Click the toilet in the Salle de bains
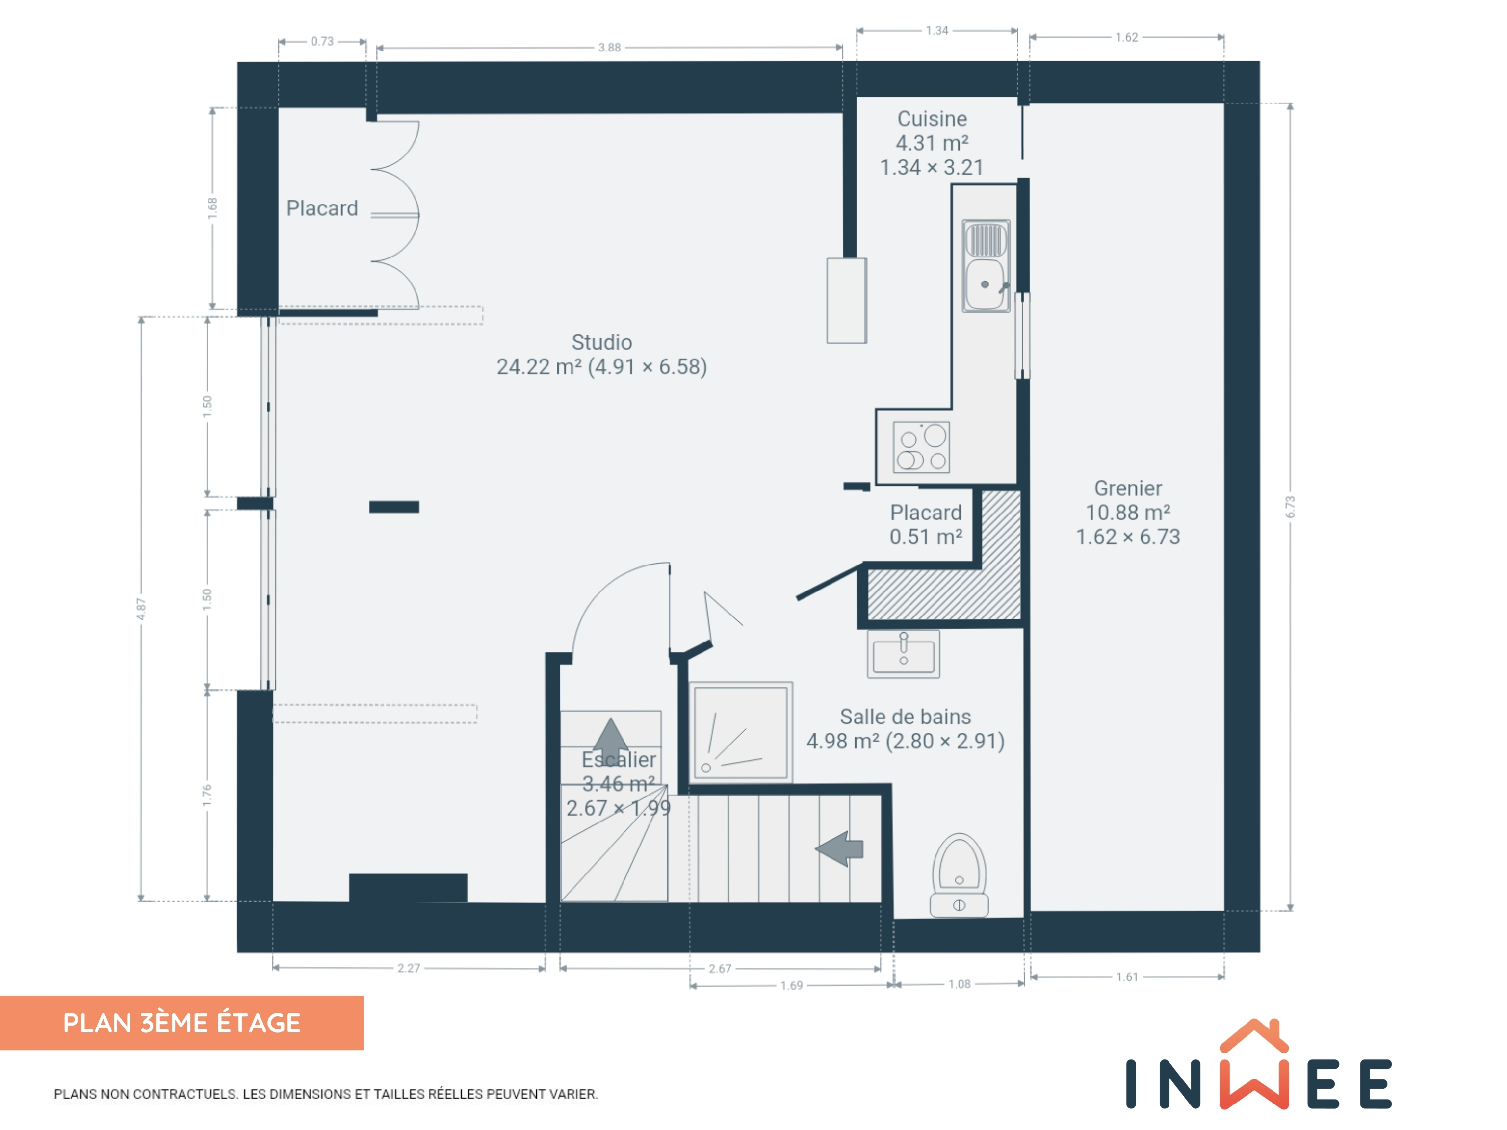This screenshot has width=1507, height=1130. [959, 875]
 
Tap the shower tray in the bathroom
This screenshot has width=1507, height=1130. [741, 732]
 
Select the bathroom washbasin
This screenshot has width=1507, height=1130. [904, 653]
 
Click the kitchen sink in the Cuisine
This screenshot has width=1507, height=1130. [986, 266]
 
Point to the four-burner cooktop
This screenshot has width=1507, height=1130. [921, 447]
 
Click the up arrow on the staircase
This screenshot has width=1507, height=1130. [610, 734]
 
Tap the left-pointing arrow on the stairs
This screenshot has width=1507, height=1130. [839, 848]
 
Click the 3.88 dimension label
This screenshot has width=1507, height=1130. [609, 48]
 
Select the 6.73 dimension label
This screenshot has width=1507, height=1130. [1290, 507]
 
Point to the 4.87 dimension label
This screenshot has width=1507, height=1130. [141, 609]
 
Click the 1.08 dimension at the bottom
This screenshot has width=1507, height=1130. [959, 984]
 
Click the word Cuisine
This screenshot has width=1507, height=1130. [932, 119]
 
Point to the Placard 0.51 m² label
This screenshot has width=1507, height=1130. [926, 524]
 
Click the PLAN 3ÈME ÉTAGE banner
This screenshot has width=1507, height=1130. [182, 1023]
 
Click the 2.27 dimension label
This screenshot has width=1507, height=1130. [409, 968]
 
